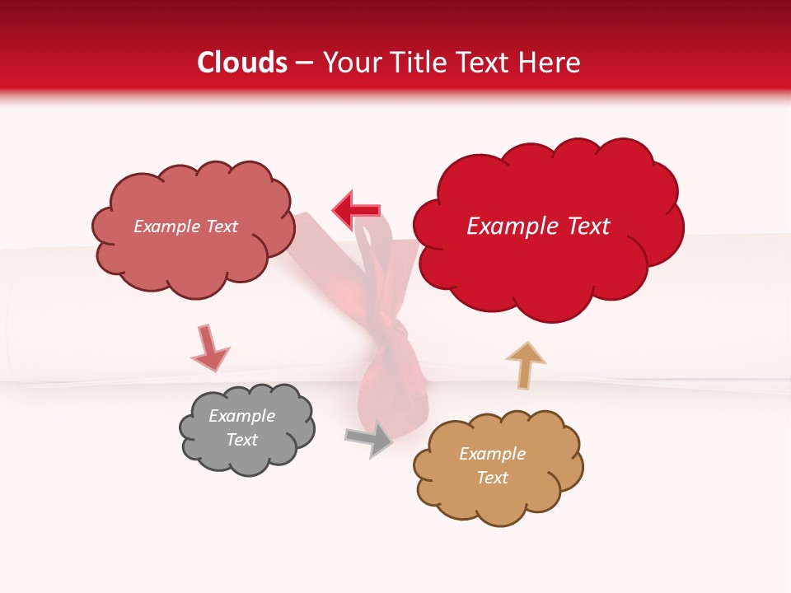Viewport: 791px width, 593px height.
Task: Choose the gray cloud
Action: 246,428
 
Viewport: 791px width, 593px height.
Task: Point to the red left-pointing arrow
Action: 356,210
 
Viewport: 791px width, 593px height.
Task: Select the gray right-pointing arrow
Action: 369,439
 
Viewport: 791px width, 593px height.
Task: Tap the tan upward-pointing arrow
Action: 526,364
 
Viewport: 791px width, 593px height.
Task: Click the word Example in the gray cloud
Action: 241,416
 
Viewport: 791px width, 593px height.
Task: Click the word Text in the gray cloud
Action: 241,440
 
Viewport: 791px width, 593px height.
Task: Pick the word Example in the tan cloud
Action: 492,454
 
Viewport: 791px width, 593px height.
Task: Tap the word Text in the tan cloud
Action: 492,478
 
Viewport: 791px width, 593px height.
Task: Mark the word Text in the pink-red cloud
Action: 220,226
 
